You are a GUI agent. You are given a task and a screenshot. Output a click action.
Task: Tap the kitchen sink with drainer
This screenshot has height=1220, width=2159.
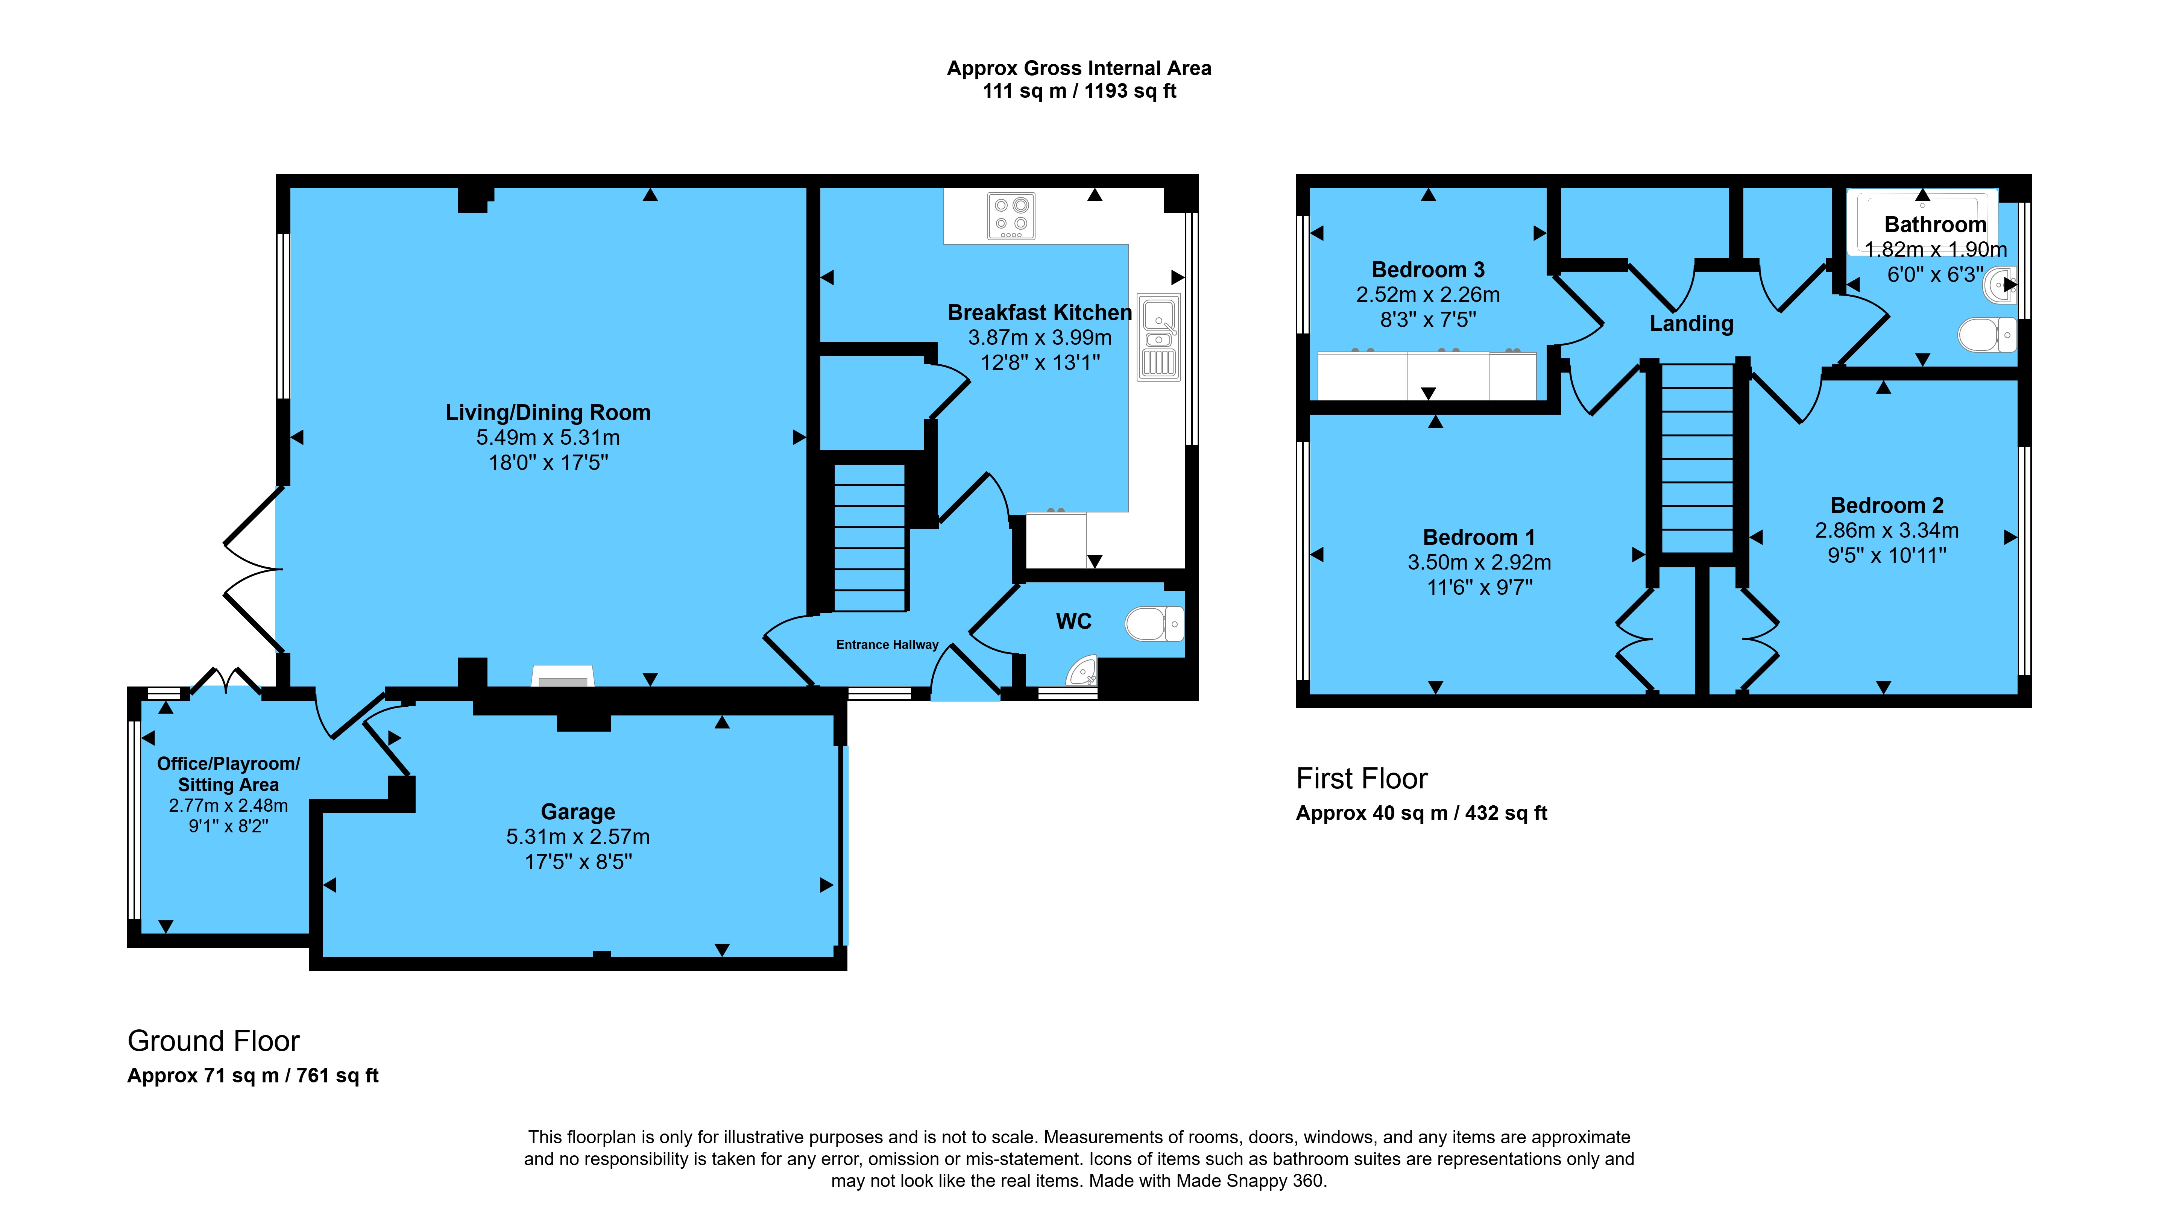tap(1158, 337)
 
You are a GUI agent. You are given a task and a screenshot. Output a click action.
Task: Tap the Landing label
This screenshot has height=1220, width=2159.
tap(1691, 323)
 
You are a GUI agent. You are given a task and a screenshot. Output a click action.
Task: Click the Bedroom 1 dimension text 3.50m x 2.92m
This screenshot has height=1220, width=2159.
tap(1479, 562)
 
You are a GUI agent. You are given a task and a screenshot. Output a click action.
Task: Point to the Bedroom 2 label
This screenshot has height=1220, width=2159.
tap(1887, 505)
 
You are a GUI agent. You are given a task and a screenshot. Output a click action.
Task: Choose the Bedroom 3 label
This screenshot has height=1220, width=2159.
tap(1428, 270)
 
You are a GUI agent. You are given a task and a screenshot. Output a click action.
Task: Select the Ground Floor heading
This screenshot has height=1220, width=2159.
tap(214, 1041)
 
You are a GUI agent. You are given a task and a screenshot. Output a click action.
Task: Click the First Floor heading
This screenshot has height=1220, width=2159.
tap(1362, 778)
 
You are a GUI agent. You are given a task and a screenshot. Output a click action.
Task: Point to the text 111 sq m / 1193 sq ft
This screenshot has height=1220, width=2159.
tap(1079, 91)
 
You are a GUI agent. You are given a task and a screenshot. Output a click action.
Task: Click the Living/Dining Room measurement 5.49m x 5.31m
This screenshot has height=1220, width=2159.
tap(548, 437)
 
